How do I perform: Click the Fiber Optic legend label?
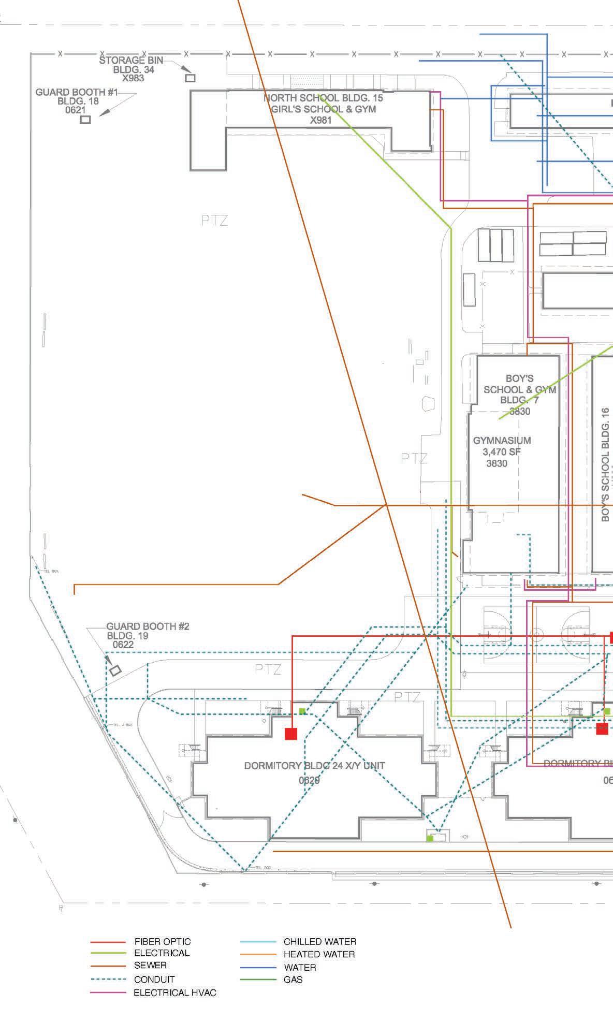pyautogui.click(x=162, y=942)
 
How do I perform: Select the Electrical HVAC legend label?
pyautogui.click(x=175, y=993)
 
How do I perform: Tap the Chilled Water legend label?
pyautogui.click(x=319, y=942)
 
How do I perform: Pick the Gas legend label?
pyautogui.click(x=293, y=980)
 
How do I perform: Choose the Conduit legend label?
pyautogui.click(x=154, y=980)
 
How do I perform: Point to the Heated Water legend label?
pyautogui.click(x=319, y=954)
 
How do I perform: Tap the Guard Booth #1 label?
pyautogui.click(x=78, y=101)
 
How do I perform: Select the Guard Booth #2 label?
pyautogui.click(x=148, y=635)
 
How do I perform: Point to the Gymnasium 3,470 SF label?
pyautogui.click(x=501, y=451)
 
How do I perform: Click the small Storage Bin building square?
pyautogui.click(x=191, y=78)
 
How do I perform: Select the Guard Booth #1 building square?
pyautogui.click(x=85, y=120)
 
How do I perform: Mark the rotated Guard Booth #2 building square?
pyautogui.click(x=115, y=670)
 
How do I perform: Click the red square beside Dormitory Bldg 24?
pyautogui.click(x=291, y=734)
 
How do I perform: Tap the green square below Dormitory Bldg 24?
pyautogui.click(x=430, y=838)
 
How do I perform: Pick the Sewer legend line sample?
pyautogui.click(x=108, y=966)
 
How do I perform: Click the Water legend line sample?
pyautogui.click(x=258, y=967)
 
